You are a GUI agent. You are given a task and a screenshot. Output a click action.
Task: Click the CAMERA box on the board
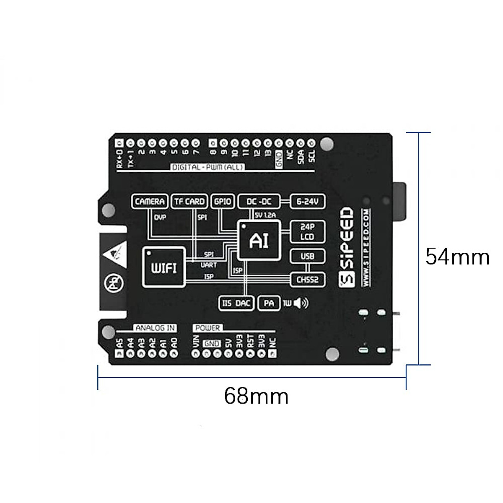150,202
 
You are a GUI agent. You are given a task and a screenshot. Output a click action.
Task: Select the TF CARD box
189,202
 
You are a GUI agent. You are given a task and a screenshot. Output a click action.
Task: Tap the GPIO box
223,202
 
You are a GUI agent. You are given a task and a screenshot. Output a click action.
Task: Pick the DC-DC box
259,202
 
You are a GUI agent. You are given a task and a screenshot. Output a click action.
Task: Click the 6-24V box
308,202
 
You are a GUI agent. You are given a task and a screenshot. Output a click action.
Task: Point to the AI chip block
259,240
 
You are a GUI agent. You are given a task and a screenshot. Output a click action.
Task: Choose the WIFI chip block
163,268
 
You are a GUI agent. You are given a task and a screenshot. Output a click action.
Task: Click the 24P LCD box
307,232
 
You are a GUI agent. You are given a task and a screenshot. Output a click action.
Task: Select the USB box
307,256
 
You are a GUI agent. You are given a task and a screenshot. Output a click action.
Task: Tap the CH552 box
307,280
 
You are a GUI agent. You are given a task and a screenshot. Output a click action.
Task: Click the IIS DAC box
236,303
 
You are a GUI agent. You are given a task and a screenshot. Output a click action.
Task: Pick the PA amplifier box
269,303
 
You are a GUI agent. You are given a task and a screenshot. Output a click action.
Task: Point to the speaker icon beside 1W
301,303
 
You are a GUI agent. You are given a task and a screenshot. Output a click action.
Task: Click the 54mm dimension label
457,257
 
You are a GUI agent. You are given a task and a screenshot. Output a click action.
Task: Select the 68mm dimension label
256,396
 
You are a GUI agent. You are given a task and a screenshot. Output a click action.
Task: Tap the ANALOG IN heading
155,328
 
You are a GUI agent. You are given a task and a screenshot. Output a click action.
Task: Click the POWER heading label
207,328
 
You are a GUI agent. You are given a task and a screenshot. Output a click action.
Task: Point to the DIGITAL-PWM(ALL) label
207,167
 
